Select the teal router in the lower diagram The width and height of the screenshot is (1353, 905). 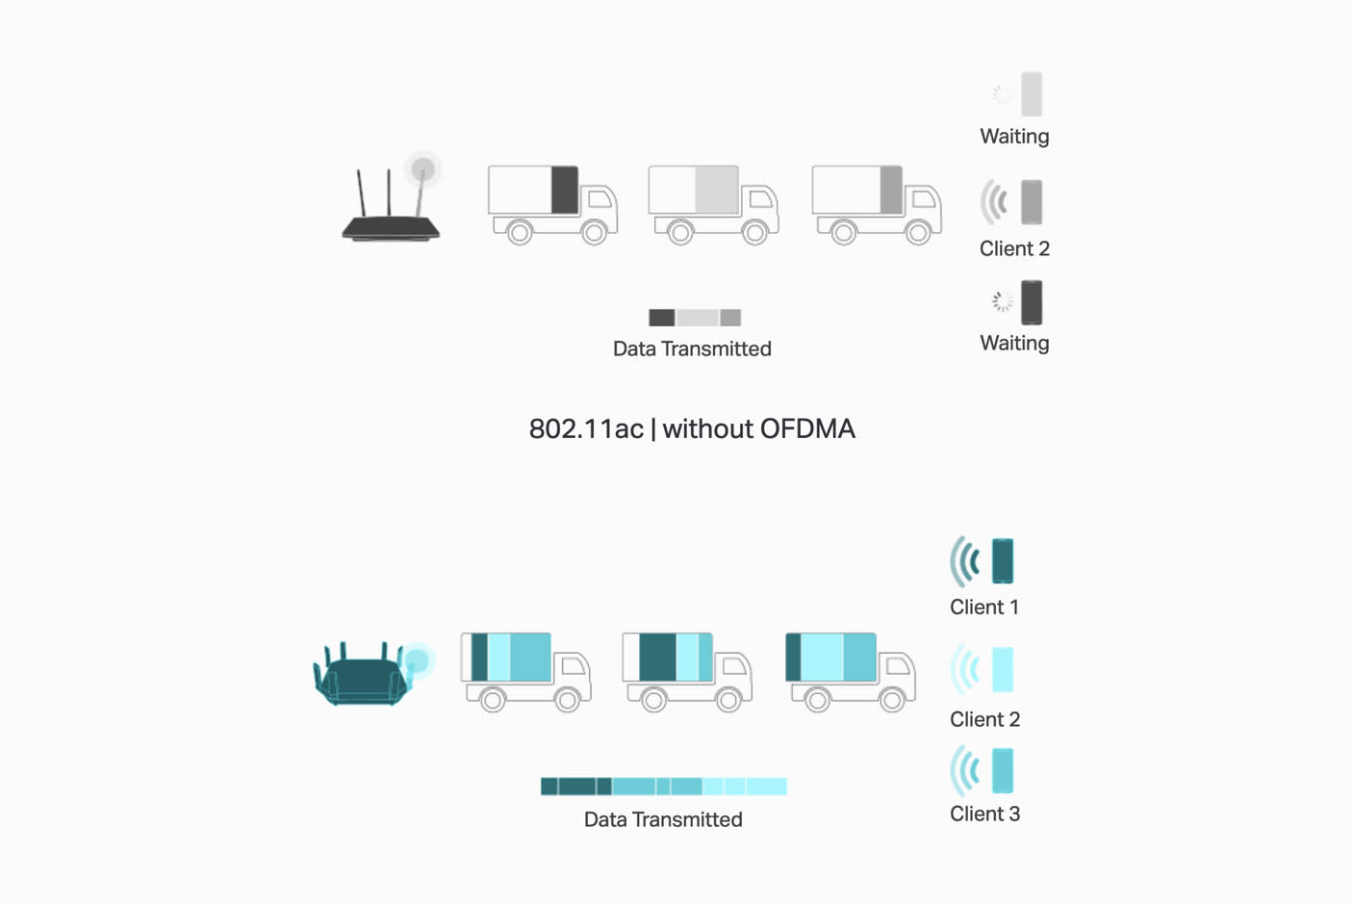[x=364, y=674]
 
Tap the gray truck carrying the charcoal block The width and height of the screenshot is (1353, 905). [x=551, y=203]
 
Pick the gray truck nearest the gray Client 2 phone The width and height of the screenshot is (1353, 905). [x=876, y=203]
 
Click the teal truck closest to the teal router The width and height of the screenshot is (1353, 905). [x=525, y=670]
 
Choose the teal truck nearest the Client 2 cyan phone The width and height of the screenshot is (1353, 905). [x=850, y=670]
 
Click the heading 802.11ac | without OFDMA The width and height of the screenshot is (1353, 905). [x=692, y=428]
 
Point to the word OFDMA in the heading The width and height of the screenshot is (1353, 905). [x=806, y=428]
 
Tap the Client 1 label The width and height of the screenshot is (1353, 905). [x=983, y=608]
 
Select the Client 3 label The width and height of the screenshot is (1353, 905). [x=983, y=814]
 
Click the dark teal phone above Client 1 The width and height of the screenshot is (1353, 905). [x=1003, y=561]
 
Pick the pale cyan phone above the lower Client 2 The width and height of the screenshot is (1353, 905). [x=1003, y=669]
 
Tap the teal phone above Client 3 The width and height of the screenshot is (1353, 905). [x=1003, y=771]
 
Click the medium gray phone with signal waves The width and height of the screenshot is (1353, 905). [x=1032, y=202]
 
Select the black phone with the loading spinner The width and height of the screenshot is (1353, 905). [x=1032, y=302]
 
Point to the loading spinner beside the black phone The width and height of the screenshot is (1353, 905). [x=1002, y=302]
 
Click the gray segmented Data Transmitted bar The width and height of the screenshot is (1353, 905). [x=695, y=318]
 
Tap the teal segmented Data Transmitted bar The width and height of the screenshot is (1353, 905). [x=663, y=787]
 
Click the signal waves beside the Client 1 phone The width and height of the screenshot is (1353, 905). [x=965, y=561]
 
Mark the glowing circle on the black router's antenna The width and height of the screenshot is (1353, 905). [x=422, y=170]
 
